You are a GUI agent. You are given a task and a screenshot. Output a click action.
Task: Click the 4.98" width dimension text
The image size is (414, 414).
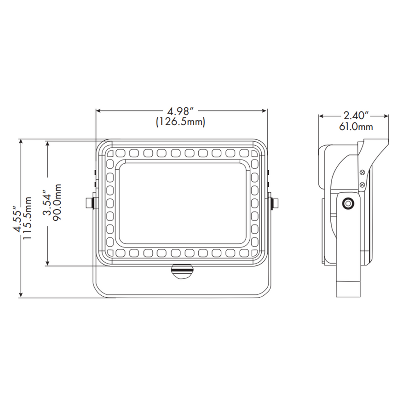tap(181, 111)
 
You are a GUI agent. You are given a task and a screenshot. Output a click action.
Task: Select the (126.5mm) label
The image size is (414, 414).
tap(181, 122)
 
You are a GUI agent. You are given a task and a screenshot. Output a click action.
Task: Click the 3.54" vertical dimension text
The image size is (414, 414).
tap(46, 202)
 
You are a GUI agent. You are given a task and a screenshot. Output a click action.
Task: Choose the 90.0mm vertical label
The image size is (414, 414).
tap(57, 202)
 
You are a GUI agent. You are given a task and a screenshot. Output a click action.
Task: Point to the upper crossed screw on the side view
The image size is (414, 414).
tap(362, 172)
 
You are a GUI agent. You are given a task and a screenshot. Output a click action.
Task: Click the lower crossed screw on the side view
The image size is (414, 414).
tap(362, 185)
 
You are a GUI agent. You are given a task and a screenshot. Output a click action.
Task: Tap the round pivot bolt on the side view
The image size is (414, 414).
tap(348, 202)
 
